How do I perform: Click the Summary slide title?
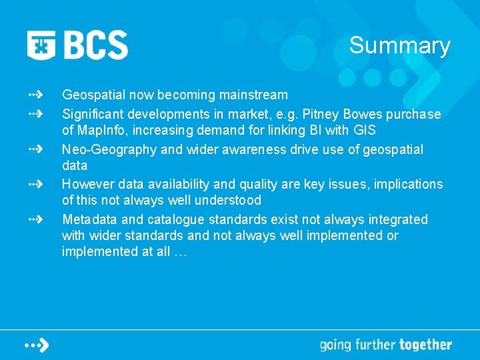click(399, 45)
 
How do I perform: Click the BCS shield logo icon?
click(41, 45)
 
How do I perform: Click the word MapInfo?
click(99, 130)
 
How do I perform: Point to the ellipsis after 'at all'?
click(181, 252)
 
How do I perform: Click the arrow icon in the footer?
click(37, 345)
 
